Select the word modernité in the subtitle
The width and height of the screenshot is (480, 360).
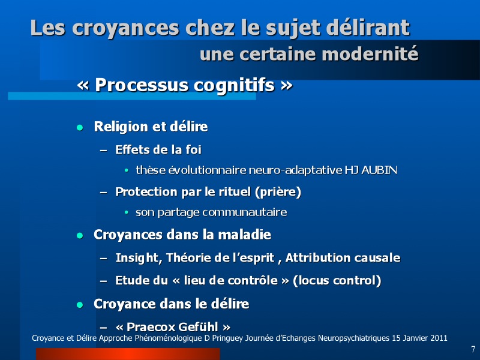click(x=370, y=54)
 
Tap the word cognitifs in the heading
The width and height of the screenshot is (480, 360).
click(x=234, y=85)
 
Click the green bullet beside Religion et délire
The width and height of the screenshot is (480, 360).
click(x=80, y=128)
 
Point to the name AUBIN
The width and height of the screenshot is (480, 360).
click(x=379, y=170)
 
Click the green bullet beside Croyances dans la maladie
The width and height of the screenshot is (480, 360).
click(x=80, y=235)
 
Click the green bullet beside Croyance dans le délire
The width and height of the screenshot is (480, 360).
click(x=80, y=305)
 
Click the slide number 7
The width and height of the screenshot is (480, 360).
click(x=473, y=349)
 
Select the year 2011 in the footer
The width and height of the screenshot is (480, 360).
click(x=439, y=338)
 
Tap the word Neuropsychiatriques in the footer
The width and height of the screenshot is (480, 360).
click(x=353, y=338)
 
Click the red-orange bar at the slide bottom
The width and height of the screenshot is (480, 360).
click(x=128, y=354)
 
